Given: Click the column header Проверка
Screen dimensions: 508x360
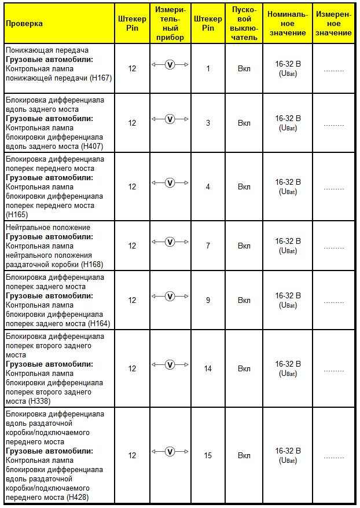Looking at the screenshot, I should click(24, 24).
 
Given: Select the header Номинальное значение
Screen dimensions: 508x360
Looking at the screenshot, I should click(288, 24).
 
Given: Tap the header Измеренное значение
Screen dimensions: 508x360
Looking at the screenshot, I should click(333, 24).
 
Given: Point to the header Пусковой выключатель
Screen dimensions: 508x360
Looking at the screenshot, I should click(244, 24).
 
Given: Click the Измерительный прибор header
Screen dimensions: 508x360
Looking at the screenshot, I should click(170, 24).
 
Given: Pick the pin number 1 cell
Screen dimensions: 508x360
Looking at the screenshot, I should click(208, 68).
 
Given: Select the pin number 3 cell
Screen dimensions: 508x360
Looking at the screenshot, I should click(208, 123).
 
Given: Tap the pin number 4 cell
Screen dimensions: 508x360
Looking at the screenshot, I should click(208, 187).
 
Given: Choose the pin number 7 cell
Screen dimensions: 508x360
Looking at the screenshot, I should click(208, 246).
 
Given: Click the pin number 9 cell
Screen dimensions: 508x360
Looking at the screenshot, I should click(208, 300).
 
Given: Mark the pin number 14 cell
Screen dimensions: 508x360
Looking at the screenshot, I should click(208, 368).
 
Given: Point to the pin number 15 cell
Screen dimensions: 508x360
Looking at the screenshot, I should click(208, 455).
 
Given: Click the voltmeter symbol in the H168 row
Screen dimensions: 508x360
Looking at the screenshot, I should click(170, 242).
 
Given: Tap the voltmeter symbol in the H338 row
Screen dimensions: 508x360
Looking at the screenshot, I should click(170, 364).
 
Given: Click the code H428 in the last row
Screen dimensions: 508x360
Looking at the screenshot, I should click(78, 497).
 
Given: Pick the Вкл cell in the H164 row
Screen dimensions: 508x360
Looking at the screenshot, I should click(244, 300).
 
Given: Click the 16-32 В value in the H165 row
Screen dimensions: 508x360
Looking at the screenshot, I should click(288, 182).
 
